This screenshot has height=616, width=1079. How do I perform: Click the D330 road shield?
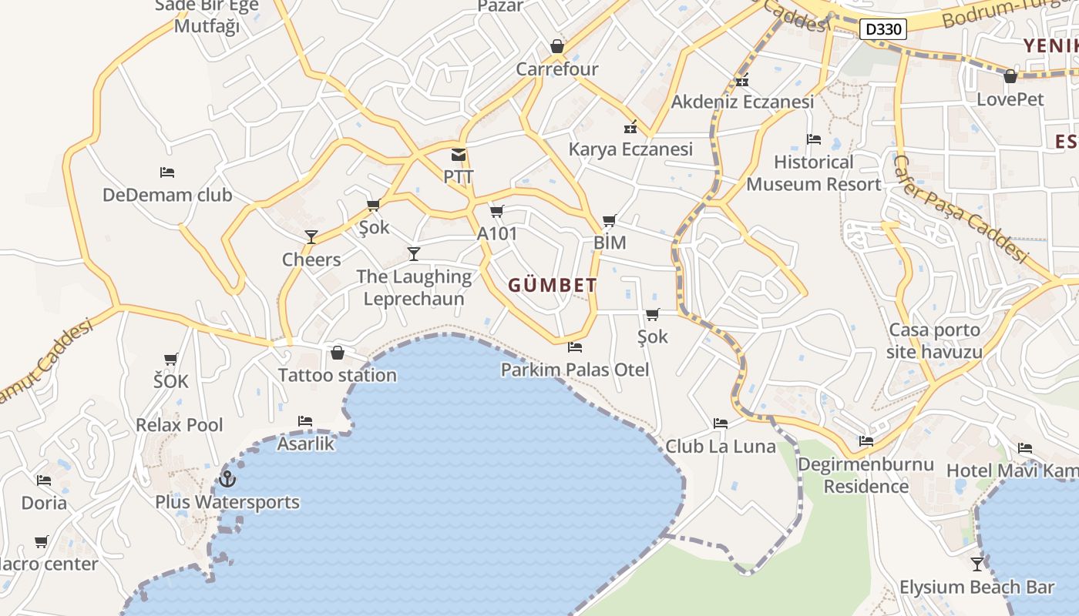tap(882, 30)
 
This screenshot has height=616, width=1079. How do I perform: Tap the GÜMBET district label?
tap(552, 286)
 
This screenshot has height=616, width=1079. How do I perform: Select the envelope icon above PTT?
tap(459, 155)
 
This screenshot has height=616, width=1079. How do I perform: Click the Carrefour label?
tap(556, 69)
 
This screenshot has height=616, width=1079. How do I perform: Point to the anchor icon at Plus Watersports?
tap(227, 479)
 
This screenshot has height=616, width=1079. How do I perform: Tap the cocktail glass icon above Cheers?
tap(311, 236)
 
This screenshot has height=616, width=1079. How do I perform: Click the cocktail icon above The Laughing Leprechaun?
tap(414, 253)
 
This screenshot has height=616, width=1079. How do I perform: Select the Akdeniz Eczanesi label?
tap(742, 102)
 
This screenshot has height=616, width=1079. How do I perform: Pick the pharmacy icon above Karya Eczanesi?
tap(630, 127)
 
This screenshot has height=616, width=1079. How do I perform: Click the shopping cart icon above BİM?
tap(610, 221)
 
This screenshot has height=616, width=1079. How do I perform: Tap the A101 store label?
tap(497, 234)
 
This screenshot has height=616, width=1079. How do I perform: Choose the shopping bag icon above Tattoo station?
tap(337, 353)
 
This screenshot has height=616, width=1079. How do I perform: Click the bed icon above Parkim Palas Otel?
tap(574, 347)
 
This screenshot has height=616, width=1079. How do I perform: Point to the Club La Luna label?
tap(721, 446)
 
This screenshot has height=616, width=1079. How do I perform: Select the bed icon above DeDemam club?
tap(167, 172)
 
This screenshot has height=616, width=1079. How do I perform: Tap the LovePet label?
tap(1010, 99)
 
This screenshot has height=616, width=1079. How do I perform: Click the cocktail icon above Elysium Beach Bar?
tap(977, 564)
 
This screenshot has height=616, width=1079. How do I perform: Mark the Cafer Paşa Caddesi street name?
tap(960, 209)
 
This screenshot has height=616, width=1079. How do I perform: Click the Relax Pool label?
tap(180, 425)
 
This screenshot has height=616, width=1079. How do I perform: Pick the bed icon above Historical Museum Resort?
tap(813, 139)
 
